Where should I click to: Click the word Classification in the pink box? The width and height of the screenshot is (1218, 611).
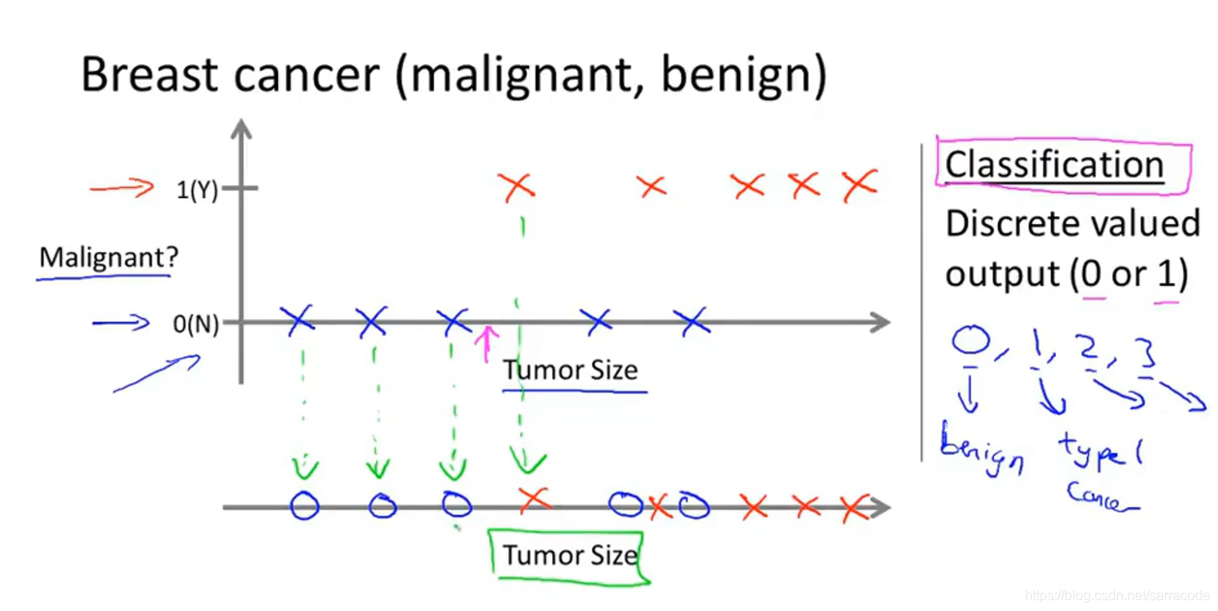point(1054,164)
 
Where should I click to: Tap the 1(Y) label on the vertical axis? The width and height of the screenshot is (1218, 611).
point(197,190)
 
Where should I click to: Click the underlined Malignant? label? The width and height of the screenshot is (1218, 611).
point(107,257)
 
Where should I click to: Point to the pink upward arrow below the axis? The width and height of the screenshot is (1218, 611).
point(487,342)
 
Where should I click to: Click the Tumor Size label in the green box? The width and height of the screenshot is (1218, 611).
point(570,555)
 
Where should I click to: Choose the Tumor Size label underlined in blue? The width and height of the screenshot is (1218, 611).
point(570,371)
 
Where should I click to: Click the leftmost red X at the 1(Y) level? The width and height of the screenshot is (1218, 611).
point(517,185)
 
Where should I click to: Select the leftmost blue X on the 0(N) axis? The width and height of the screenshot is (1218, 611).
point(300,320)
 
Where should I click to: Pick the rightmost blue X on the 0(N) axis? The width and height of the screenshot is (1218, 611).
point(691,321)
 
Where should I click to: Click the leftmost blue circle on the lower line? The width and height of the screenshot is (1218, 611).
point(304,506)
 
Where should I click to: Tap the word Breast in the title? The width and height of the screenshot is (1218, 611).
point(150,75)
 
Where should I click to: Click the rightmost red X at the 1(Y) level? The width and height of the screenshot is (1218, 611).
point(859,185)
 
